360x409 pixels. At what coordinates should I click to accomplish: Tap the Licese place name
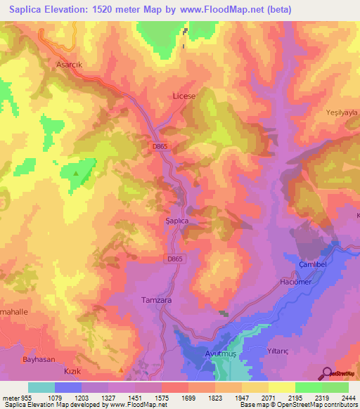click(x=184, y=95)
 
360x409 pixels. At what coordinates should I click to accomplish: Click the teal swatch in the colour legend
click(x=41, y=387)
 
